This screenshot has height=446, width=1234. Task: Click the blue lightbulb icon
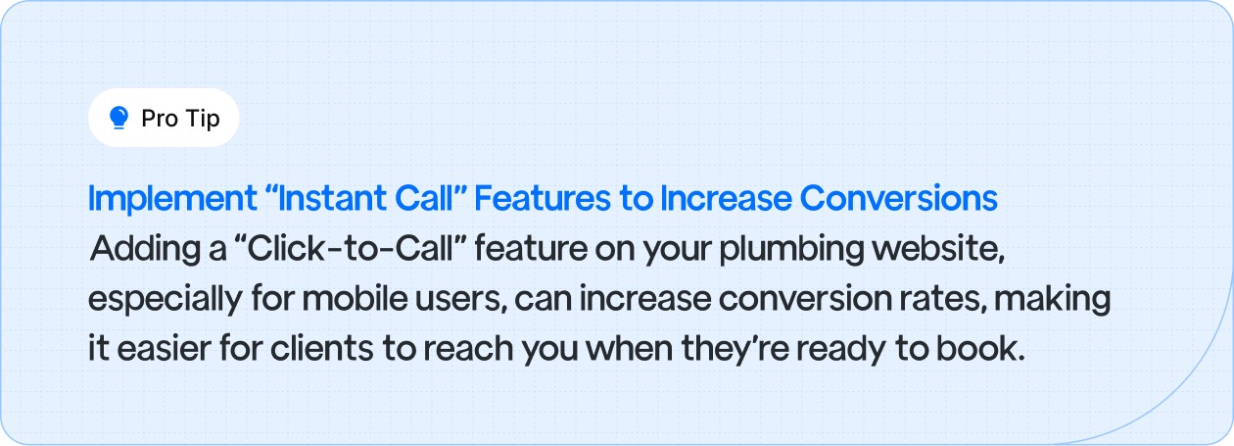(x=119, y=119)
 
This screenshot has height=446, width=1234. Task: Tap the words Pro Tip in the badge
(x=180, y=119)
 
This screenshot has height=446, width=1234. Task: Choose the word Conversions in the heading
(x=898, y=199)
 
